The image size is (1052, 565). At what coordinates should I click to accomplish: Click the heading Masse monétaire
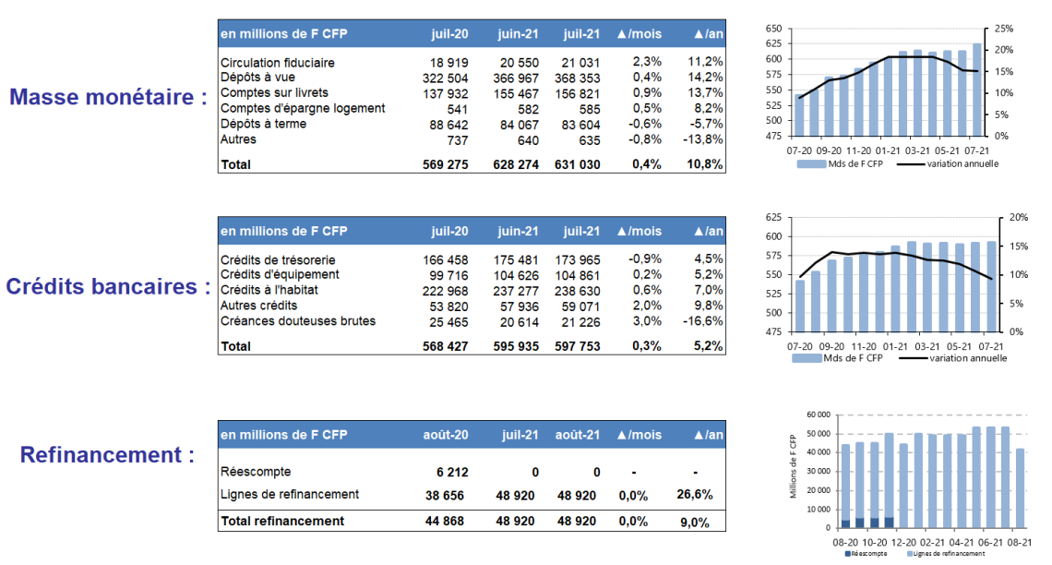108,97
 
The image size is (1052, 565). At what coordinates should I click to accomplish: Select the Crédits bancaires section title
108,286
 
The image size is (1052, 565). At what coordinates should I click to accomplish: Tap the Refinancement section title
107,455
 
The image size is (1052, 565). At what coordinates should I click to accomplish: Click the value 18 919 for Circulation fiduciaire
448,63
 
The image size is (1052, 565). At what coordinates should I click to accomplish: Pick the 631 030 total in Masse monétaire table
577,164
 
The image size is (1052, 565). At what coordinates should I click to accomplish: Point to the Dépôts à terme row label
263,124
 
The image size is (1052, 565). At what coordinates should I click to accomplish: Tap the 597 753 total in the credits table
577,346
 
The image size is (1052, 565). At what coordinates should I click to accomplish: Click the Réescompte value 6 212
452,473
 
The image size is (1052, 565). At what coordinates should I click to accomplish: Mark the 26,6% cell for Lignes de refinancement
694,495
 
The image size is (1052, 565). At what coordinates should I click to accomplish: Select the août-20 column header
446,435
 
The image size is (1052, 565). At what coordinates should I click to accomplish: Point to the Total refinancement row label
282,521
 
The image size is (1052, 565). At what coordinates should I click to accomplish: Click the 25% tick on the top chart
1004,29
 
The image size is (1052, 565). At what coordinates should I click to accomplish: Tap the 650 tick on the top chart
773,29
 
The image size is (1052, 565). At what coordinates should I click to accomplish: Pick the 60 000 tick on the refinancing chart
818,415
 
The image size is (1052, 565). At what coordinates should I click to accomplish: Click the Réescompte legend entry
866,554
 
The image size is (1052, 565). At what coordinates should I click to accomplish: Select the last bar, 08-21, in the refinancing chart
1020,487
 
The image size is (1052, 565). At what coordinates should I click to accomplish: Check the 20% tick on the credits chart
1019,217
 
